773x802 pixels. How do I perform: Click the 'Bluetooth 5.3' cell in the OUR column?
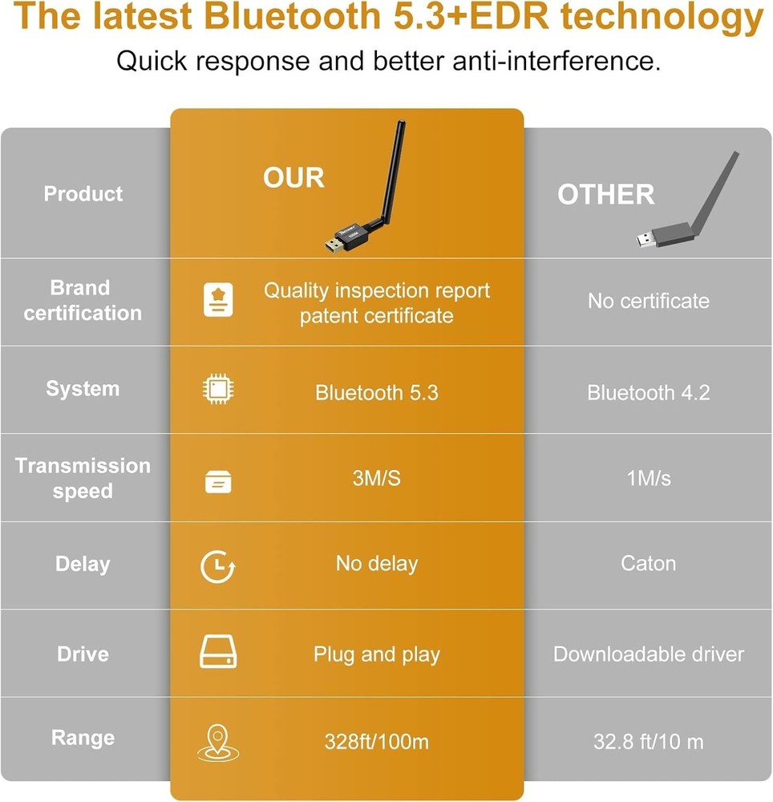click(x=376, y=393)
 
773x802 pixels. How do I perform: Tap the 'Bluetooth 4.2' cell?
click(x=648, y=393)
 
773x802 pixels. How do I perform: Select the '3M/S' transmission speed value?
click(x=376, y=479)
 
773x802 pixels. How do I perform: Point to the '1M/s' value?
click(x=648, y=479)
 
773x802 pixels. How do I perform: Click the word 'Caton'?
click(x=648, y=563)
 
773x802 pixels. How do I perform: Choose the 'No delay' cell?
click(x=376, y=564)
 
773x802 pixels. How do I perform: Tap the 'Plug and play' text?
click(x=376, y=654)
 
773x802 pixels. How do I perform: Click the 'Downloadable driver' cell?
click(x=648, y=654)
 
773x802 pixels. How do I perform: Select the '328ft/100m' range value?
click(x=376, y=742)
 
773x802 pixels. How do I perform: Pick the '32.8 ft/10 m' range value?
click(x=648, y=742)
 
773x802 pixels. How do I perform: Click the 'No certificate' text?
click(x=648, y=302)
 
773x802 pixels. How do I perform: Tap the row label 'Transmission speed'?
click(x=83, y=479)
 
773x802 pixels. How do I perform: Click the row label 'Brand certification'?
click(x=83, y=301)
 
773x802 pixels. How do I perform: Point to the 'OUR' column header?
click(x=293, y=178)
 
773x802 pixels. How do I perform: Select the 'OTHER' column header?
click(x=605, y=195)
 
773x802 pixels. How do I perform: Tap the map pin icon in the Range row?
click(x=217, y=743)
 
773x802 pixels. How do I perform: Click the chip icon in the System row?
click(x=217, y=391)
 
